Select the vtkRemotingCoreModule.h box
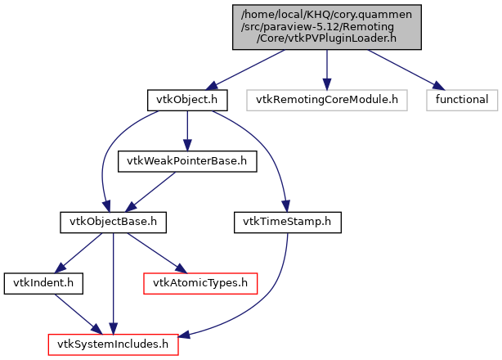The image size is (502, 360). coord(326,100)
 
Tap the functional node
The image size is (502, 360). coord(461,100)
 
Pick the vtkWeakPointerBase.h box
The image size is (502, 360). coord(187,160)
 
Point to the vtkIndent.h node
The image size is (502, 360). coord(36,282)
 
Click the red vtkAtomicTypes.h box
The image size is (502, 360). coord(200,282)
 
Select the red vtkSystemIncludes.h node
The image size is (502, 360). coord(113,344)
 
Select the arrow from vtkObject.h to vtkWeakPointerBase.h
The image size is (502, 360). coord(187,130)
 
